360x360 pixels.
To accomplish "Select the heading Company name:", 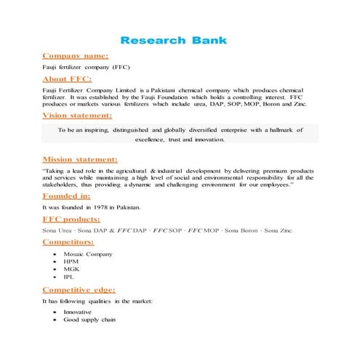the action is pos(76,55).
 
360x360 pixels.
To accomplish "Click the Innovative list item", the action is pos(78,312).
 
